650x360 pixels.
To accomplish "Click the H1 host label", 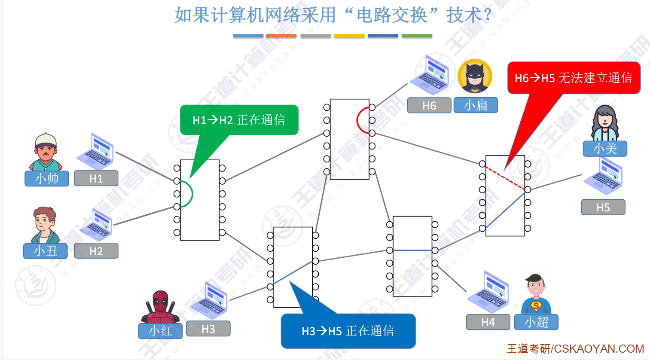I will [96, 178].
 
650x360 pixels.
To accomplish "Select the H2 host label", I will [96, 251].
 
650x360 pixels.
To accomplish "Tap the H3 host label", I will [208, 329].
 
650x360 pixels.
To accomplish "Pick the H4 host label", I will [488, 322].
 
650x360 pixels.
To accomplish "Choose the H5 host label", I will [603, 207].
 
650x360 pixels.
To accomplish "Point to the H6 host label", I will [429, 106].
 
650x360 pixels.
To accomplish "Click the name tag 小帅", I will [47, 178].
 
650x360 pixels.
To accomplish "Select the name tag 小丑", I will [46, 251].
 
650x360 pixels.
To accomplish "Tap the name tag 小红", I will [160, 331].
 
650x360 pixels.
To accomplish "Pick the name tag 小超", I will [536, 322].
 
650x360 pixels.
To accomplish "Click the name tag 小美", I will [605, 149].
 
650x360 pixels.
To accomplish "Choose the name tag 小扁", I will [476, 105].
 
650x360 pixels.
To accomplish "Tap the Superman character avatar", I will [536, 295].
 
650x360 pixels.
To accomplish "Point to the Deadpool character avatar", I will [160, 307].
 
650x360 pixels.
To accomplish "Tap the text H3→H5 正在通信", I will [348, 331].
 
